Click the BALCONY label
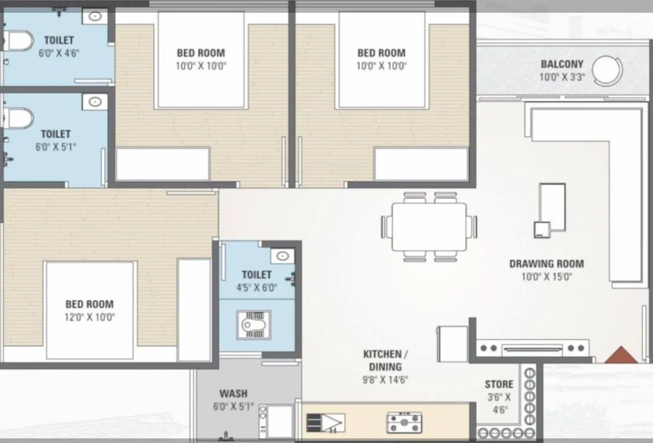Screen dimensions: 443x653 click(x=562, y=64)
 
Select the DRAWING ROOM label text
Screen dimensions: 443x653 click(x=546, y=264)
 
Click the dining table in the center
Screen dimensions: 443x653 click(x=429, y=226)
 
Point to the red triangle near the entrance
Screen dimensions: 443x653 click(x=621, y=355)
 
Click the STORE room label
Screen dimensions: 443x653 click(x=499, y=384)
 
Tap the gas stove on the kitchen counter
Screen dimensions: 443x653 click(x=404, y=423)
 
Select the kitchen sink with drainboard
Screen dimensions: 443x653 click(x=325, y=424)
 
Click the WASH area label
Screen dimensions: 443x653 click(x=233, y=393)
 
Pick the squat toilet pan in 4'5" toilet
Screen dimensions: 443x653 click(x=253, y=323)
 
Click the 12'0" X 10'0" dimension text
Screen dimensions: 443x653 click(x=89, y=317)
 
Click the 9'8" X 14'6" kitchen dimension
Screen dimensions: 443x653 click(x=382, y=381)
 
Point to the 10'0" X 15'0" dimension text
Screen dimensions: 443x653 click(x=546, y=277)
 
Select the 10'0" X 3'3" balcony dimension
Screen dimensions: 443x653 click(x=562, y=77)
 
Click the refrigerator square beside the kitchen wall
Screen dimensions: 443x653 click(x=452, y=344)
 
